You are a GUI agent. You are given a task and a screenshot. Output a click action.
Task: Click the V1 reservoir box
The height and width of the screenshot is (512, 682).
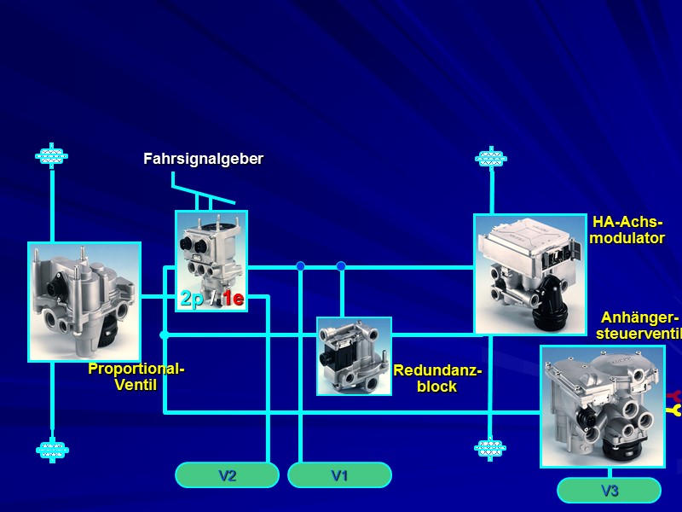click(x=339, y=475)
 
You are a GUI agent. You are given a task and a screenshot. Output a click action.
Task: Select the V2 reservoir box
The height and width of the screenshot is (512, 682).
click(x=227, y=475)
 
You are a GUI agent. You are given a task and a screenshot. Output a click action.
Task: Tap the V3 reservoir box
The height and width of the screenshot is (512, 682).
click(x=609, y=491)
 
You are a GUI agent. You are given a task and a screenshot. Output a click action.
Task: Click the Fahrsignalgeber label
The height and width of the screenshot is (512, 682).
click(x=203, y=159)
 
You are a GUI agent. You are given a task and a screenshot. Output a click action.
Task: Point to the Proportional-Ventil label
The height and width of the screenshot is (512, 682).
click(x=136, y=376)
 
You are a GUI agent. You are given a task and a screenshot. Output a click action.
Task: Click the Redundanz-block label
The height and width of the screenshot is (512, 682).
click(x=437, y=379)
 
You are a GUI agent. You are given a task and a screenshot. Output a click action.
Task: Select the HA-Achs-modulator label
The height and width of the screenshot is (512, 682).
click(x=627, y=230)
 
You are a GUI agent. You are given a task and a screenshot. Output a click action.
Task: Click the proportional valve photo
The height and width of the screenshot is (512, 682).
click(x=84, y=301)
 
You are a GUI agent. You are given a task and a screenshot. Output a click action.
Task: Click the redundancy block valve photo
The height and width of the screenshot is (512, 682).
click(x=354, y=356)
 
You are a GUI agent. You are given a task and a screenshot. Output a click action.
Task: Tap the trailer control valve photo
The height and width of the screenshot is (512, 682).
click(x=602, y=405)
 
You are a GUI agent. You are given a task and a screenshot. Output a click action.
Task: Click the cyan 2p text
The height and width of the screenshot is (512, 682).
click(x=191, y=299)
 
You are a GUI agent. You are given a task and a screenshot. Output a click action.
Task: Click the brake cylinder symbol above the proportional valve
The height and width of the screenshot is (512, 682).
click(x=52, y=156)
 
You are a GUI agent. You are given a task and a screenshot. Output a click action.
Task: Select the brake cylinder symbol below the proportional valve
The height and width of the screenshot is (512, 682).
click(x=52, y=449)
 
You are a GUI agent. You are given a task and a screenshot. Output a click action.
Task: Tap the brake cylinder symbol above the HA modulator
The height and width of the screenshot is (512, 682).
click(x=490, y=158)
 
